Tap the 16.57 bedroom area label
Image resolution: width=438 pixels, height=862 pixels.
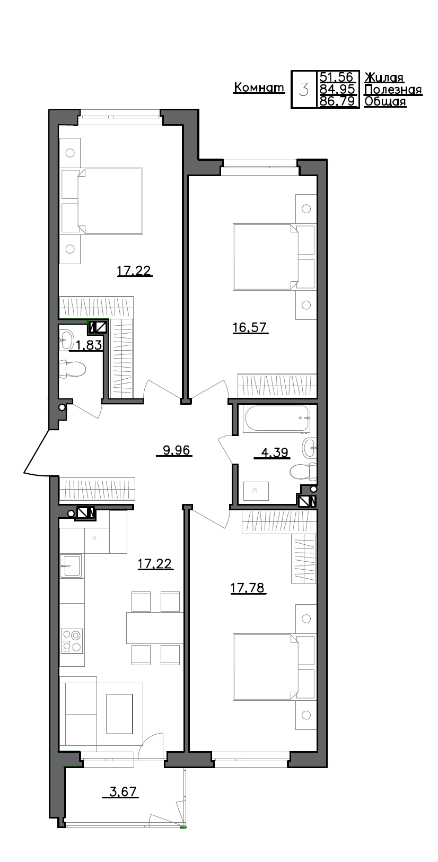coord(250,328)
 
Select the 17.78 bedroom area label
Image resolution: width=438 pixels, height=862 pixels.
coord(248,588)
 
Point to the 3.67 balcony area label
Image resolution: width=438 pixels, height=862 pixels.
coord(123,792)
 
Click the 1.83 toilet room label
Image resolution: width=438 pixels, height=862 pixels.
coord(89,346)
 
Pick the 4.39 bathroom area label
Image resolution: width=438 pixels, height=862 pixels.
coord(275,452)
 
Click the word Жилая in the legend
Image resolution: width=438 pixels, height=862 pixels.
coord(384,77)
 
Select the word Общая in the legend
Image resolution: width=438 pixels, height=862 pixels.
coord(386,101)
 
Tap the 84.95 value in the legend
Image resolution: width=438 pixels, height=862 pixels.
coord(337,89)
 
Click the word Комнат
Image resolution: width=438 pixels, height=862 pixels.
coord(259,88)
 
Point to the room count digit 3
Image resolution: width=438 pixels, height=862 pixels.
coord(304,89)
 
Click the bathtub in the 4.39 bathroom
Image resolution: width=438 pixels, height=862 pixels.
coord(276,419)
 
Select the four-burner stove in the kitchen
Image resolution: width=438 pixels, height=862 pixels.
coord(72,640)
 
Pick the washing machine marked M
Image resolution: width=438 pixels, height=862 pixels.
coord(256,491)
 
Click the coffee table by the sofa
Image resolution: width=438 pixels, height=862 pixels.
coord(119,713)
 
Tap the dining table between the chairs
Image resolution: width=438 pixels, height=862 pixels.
coord(154,628)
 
